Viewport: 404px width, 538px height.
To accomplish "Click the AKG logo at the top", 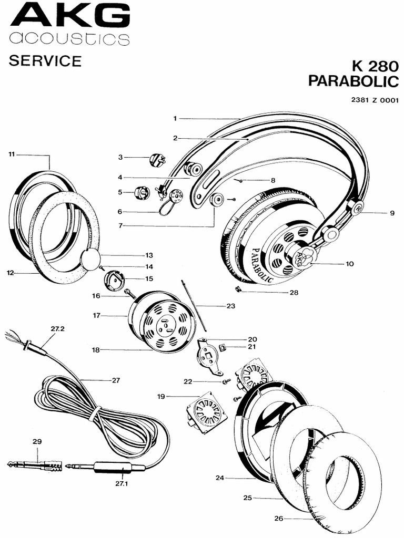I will [69, 15].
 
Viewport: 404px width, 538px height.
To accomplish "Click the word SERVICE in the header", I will [45, 61].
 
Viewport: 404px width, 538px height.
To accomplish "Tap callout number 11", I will [12, 154].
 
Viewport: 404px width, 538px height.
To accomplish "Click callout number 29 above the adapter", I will [37, 441].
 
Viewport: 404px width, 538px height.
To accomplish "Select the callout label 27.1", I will [122, 484].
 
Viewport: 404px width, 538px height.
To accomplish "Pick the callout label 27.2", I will [57, 328].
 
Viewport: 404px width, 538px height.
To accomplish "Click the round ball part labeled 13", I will [90, 258].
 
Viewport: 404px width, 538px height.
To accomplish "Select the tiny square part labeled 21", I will [221, 347].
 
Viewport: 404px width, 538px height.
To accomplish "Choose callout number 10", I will [349, 264].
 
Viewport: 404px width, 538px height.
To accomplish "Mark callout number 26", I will [279, 518].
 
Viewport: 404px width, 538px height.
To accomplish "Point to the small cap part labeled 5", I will [142, 193].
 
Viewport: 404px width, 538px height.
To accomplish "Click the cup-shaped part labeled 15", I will [116, 280].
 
